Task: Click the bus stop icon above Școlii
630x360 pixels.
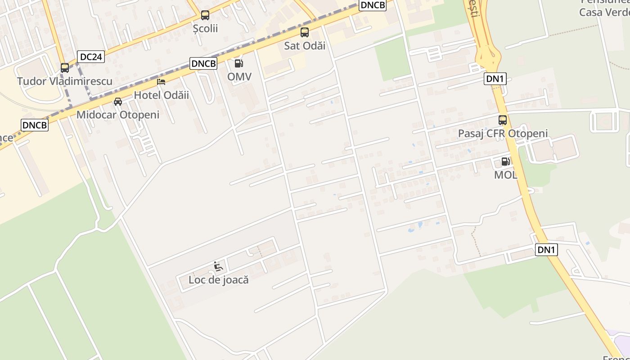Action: tap(205, 15)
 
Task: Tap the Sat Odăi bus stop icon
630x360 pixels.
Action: tap(305, 32)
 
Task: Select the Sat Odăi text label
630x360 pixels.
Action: tap(305, 45)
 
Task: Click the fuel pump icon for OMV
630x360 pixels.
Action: tap(239, 63)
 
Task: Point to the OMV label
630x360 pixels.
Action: tap(239, 76)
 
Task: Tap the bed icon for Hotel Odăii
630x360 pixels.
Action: tap(161, 81)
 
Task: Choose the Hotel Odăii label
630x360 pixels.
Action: tap(162, 95)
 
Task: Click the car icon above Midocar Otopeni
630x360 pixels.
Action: tap(118, 101)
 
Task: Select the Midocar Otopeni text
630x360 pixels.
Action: tap(118, 115)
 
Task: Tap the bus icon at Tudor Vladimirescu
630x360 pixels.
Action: tap(65, 68)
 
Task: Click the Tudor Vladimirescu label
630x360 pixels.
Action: tap(65, 81)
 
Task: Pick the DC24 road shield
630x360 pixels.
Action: tap(91, 57)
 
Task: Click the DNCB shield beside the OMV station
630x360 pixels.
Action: tap(204, 63)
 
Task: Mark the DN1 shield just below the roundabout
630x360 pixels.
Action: tap(495, 79)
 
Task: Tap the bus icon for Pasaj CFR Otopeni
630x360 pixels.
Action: tap(503, 120)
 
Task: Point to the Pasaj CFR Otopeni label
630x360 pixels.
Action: tap(503, 133)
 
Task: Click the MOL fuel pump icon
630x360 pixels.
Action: tap(506, 162)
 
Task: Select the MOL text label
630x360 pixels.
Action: tap(506, 175)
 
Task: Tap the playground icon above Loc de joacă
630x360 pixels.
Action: tap(218, 266)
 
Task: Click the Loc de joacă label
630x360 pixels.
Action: tap(219, 279)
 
